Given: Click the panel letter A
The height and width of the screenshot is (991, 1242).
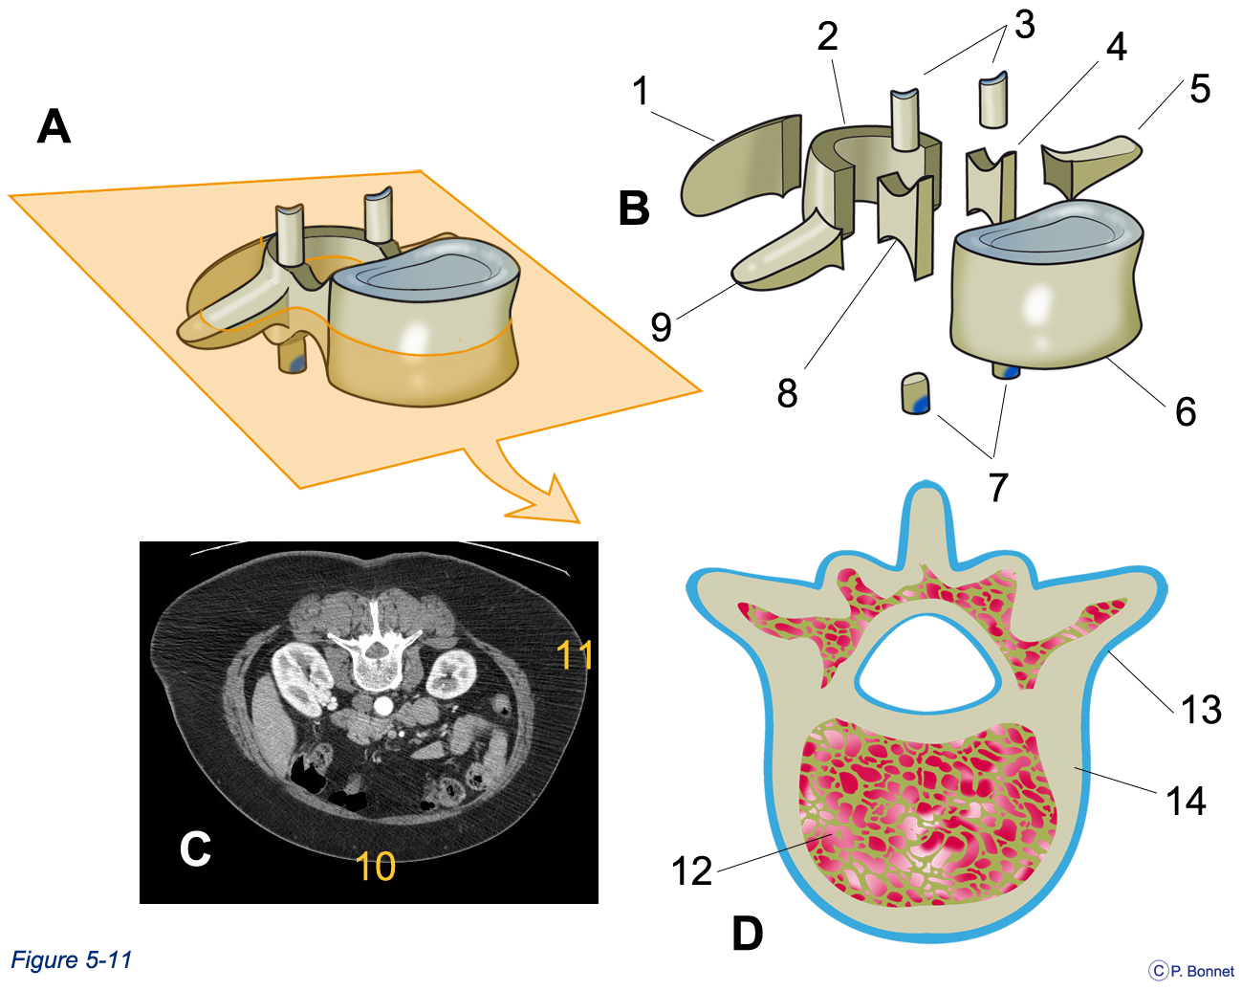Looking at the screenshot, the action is tap(54, 126).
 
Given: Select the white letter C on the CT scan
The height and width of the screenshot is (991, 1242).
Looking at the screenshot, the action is tap(195, 849).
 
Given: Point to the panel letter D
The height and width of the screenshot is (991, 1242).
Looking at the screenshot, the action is tap(748, 934).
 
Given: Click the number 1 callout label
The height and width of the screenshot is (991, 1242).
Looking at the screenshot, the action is tap(641, 91).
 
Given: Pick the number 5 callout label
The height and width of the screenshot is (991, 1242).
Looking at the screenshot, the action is tap(1200, 89).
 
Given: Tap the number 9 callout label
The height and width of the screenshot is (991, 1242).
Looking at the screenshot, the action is tap(661, 327).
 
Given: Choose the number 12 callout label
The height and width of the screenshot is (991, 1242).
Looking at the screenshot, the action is tap(692, 871).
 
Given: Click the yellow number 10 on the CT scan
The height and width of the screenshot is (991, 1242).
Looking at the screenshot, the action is tap(376, 866).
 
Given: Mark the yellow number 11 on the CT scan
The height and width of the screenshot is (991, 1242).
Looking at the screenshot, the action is tap(575, 654).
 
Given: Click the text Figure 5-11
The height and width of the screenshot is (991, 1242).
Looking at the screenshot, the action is tap(72, 959).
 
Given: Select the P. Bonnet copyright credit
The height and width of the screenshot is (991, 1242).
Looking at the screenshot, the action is tap(1191, 971).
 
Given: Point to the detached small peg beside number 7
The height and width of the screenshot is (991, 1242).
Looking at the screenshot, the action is tap(915, 393).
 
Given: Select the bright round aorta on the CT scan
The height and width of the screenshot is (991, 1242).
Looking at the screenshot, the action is tap(382, 705).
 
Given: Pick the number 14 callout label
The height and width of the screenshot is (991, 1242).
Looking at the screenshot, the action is tap(1186, 801).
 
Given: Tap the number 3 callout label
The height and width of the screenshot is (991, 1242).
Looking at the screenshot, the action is tap(1024, 25).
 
